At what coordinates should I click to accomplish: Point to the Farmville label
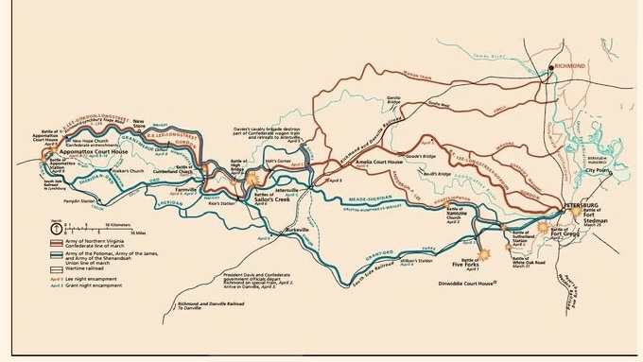pyautogui.click(x=187, y=189)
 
